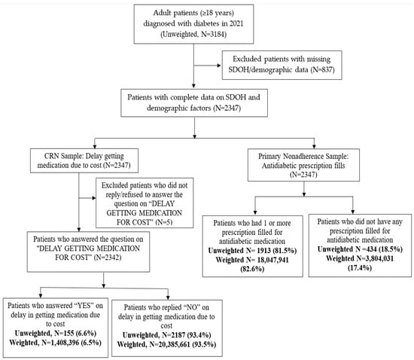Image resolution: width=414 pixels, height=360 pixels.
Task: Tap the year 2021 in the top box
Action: [x=236, y=23]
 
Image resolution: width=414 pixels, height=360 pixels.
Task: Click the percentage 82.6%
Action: [x=252, y=269]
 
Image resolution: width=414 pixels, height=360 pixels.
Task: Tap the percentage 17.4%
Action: [x=360, y=268]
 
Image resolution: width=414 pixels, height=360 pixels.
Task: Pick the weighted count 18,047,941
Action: [x=271, y=260]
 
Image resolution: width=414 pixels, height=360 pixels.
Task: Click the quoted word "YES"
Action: [x=83, y=306]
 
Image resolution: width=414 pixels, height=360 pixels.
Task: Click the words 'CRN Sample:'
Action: [x=60, y=156]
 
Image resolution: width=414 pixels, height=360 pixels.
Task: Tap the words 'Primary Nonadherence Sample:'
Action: [x=303, y=157]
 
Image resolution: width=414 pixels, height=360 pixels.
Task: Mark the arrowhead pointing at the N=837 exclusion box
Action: [x=219, y=66]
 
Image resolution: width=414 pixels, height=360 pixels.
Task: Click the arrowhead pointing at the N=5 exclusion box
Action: [x=94, y=198]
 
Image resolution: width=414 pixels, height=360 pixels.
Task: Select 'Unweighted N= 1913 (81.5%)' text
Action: [x=252, y=250]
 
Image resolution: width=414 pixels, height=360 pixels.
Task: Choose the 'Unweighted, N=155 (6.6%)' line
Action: [x=56, y=334]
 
